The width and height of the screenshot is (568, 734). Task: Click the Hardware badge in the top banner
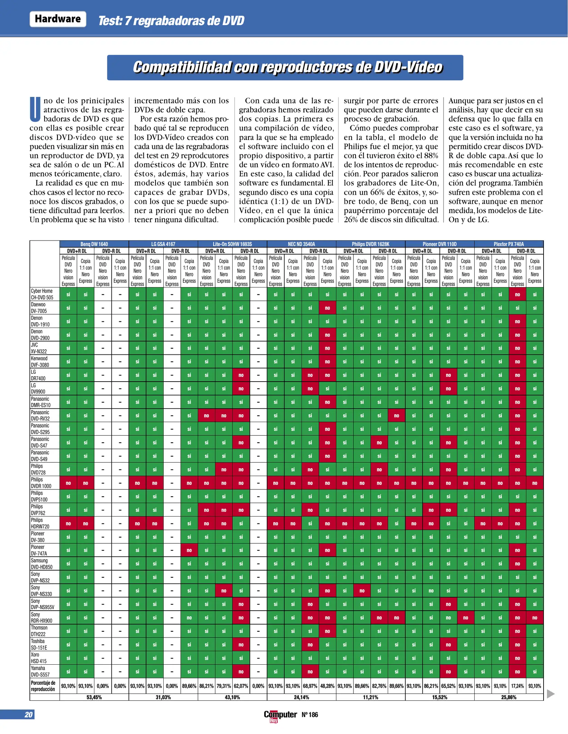pyautogui.click(x=58, y=19)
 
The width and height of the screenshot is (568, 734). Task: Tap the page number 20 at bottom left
pyautogui.click(x=29, y=715)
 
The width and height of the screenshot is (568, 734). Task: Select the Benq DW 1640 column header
pyautogui.click(x=94, y=244)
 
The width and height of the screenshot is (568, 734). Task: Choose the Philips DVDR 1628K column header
pyautogui.click(x=370, y=244)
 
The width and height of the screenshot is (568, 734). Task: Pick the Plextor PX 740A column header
pyautogui.click(x=509, y=244)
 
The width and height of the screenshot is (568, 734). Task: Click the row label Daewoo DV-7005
pyautogui.click(x=39, y=308)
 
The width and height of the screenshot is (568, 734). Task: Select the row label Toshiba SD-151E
pyautogui.click(x=39, y=644)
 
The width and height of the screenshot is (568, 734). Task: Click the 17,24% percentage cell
pyautogui.click(x=517, y=686)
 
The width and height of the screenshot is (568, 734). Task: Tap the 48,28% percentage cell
pyautogui.click(x=327, y=686)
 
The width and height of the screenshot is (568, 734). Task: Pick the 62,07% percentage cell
pyautogui.click(x=241, y=686)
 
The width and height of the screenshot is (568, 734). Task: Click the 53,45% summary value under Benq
pyautogui.click(x=94, y=697)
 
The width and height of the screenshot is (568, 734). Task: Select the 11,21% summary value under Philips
pyautogui.click(x=370, y=697)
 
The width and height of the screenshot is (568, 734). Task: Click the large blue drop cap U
pyautogui.click(x=35, y=109)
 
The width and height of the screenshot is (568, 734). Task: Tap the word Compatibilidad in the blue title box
pyautogui.click(x=182, y=67)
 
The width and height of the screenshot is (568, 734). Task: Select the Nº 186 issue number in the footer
pyautogui.click(x=310, y=715)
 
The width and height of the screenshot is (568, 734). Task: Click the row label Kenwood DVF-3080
pyautogui.click(x=40, y=362)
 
